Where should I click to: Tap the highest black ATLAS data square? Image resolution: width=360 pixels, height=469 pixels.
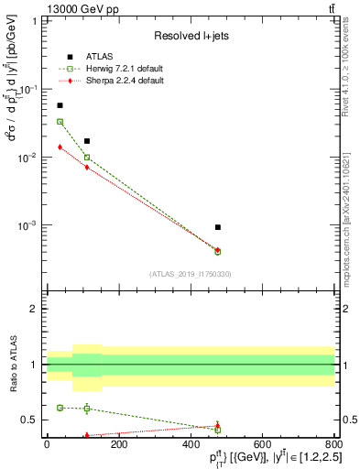60,105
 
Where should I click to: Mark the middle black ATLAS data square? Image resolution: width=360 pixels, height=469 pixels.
87,141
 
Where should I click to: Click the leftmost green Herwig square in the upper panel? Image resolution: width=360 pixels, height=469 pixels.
60,122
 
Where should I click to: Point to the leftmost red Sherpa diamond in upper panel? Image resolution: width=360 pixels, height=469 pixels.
60,147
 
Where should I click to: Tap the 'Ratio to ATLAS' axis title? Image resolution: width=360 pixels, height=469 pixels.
12,365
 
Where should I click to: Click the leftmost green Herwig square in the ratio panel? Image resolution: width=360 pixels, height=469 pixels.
60,408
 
